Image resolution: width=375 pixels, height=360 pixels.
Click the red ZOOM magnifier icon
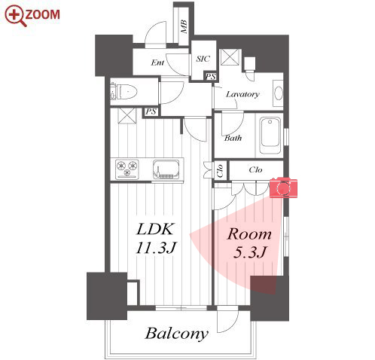(x=16, y=16)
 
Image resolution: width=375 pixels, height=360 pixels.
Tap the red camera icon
(x=283, y=188)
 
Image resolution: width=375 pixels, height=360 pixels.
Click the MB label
(x=184, y=27)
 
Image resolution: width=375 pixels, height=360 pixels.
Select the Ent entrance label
(x=157, y=63)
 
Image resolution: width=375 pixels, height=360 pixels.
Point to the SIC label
(x=203, y=59)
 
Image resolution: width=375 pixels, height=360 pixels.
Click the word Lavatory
(x=242, y=94)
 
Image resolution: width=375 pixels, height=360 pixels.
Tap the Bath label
(x=233, y=138)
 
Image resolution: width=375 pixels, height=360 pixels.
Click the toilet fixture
(x=123, y=91)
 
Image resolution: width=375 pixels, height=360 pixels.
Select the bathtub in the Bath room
(x=270, y=136)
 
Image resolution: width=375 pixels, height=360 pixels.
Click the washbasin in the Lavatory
(x=278, y=93)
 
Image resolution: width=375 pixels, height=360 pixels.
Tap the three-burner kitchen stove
(x=127, y=169)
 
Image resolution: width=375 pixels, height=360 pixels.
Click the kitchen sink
(x=166, y=169)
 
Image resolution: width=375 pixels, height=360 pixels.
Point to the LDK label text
(x=155, y=229)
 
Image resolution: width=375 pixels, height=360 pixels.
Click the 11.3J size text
(x=157, y=248)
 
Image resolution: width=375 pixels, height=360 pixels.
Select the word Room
(x=249, y=234)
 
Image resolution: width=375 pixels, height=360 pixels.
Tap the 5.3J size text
(x=249, y=252)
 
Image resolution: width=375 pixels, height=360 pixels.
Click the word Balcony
(x=177, y=334)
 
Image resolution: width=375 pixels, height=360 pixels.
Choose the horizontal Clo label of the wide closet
(x=255, y=170)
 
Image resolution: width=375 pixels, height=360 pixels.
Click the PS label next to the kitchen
(x=151, y=111)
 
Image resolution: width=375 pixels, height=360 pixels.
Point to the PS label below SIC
(x=210, y=76)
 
